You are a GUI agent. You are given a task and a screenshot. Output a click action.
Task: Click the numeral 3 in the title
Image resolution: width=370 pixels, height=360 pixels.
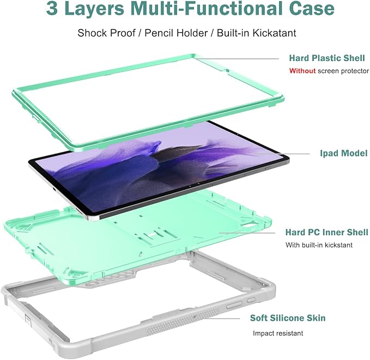[x=52, y=8]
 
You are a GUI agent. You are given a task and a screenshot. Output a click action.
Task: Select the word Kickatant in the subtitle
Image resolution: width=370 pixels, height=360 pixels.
[x=274, y=33]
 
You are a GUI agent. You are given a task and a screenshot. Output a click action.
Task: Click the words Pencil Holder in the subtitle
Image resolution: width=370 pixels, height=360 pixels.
[x=176, y=33]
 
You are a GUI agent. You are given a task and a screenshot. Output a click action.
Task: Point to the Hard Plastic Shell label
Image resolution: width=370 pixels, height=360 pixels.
[x=327, y=58]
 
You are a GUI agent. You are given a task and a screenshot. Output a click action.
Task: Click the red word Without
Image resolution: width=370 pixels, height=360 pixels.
[x=302, y=71]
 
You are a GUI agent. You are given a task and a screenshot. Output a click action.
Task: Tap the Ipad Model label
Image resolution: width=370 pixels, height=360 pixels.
[x=343, y=154]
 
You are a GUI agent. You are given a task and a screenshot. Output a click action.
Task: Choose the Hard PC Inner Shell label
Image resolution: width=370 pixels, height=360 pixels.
[x=326, y=233]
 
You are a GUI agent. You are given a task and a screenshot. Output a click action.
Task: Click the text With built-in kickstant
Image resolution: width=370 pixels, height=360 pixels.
[x=319, y=245]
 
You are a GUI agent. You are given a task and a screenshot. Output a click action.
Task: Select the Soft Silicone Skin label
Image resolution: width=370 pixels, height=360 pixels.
[x=288, y=318]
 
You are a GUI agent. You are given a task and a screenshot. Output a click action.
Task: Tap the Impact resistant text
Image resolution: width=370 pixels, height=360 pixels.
[x=278, y=333]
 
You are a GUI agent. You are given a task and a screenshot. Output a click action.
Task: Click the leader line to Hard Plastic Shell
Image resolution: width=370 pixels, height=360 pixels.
[x=237, y=59]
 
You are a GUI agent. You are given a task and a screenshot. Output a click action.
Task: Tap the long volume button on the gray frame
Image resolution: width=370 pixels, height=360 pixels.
[x=234, y=305]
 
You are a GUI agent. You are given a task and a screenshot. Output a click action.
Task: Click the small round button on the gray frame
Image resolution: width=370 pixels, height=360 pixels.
[x=251, y=300]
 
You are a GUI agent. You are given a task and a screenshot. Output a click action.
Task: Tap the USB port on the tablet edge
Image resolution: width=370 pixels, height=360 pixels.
[x=54, y=190]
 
